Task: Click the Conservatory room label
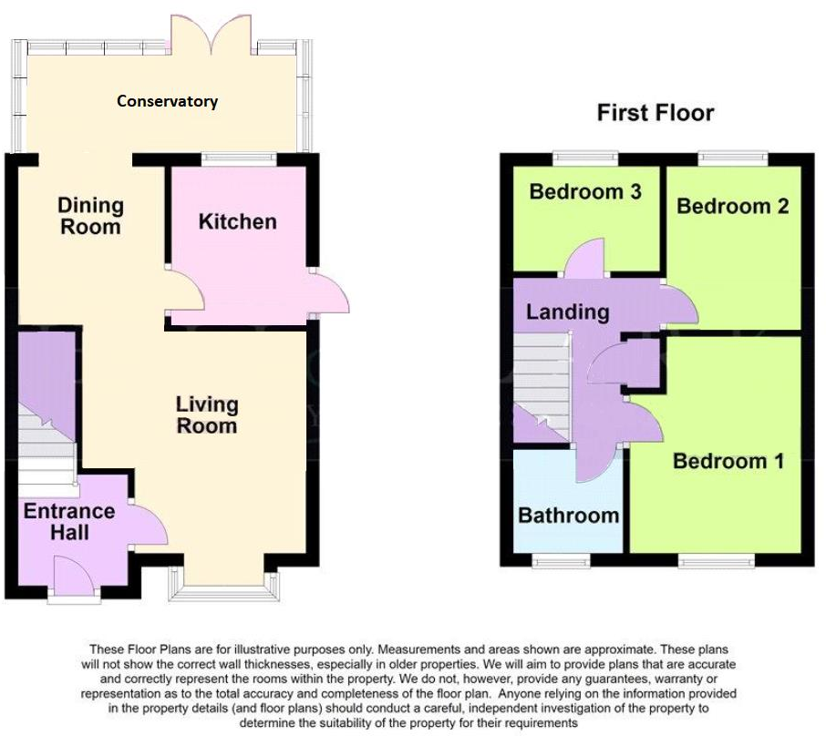click(167, 101)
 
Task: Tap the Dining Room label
click(90, 215)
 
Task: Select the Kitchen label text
click(237, 221)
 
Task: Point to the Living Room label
click(207, 414)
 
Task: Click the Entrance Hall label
click(69, 520)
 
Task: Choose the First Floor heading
click(655, 113)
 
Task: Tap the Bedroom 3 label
click(585, 191)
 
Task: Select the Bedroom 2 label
click(732, 206)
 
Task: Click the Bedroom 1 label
click(728, 461)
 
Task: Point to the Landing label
click(567, 312)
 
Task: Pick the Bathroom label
click(568, 515)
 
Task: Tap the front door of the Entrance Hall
click(75, 579)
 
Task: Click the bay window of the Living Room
click(222, 590)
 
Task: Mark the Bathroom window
click(560, 561)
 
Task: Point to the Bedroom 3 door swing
click(585, 261)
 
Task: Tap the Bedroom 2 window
click(733, 158)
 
